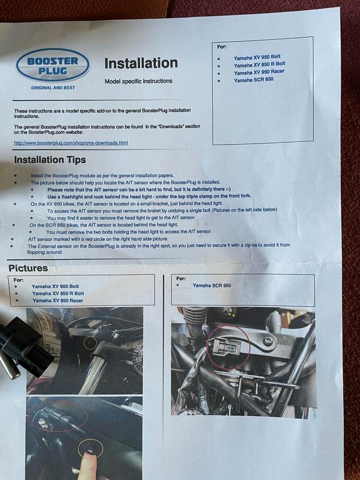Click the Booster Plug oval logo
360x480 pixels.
(53, 65)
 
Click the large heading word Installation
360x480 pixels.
(141, 63)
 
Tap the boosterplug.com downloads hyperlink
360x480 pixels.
(71, 143)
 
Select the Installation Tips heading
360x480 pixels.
(50, 160)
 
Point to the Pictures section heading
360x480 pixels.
(28, 268)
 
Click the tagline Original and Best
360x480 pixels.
(53, 87)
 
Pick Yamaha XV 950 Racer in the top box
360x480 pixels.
(259, 72)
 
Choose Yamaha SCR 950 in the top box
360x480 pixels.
(253, 79)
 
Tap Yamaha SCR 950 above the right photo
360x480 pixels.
(212, 285)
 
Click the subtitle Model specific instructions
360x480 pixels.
(138, 81)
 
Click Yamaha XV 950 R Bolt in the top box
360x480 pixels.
(259, 64)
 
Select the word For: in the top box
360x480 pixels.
(222, 47)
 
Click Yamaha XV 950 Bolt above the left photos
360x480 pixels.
(55, 286)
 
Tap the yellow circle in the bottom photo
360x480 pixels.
(91, 449)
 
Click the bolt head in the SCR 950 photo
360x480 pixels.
(268, 341)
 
